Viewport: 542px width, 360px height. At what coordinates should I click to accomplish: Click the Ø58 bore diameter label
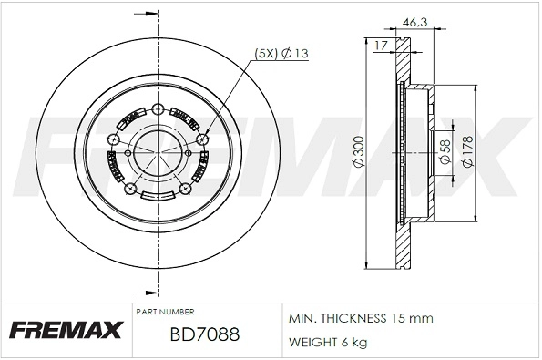click(445, 150)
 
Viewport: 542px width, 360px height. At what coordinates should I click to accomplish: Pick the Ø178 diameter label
click(467, 150)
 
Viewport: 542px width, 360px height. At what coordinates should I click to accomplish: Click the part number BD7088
click(204, 334)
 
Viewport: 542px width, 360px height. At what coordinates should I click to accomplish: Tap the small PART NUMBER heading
click(163, 312)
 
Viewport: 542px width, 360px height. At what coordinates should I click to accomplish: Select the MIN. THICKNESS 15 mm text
click(360, 318)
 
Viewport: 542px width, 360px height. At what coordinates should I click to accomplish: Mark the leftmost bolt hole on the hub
click(111, 139)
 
